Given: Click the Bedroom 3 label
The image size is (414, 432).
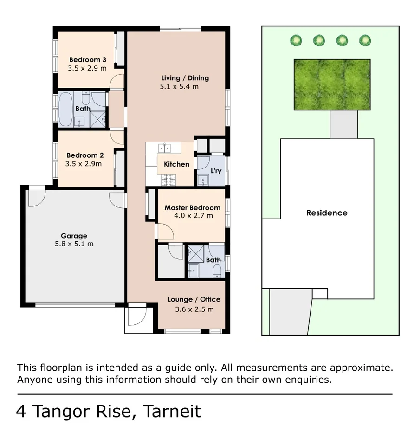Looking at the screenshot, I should (x=88, y=59).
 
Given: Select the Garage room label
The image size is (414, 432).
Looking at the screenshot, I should (x=74, y=236).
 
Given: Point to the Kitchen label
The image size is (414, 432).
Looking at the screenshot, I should (x=176, y=164).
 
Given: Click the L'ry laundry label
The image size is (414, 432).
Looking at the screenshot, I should (x=216, y=171).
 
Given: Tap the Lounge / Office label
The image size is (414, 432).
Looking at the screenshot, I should (x=194, y=299).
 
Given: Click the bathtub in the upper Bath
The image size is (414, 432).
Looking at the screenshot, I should (x=65, y=109).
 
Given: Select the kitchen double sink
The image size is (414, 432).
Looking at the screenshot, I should (x=164, y=148).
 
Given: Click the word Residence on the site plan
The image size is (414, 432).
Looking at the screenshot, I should (x=327, y=213).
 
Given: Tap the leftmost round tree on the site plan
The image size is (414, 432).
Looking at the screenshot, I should (x=296, y=40).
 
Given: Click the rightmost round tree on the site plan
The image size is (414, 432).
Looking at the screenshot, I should (x=365, y=40).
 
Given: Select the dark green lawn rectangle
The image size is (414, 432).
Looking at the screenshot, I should (x=332, y=84).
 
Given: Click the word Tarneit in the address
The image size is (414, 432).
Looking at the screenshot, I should (x=172, y=411).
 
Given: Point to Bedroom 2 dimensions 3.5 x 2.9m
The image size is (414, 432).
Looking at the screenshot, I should (x=84, y=164).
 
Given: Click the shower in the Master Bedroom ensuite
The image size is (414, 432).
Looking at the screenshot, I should (x=195, y=255).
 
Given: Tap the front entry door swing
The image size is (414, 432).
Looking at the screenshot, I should (x=136, y=316).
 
